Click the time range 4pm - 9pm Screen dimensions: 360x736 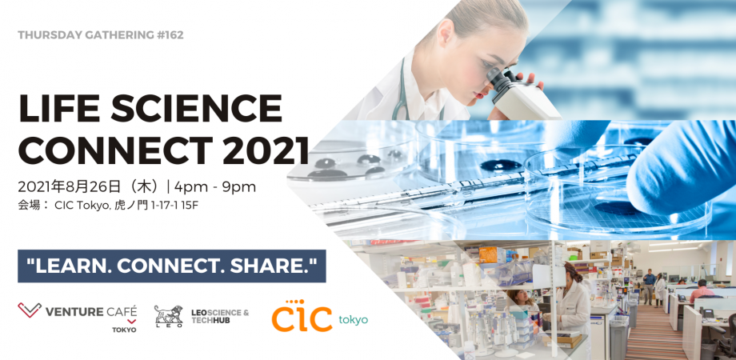pyautogui.click(x=215, y=187)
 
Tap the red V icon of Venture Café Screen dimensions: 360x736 pyautogui.click(x=29, y=311)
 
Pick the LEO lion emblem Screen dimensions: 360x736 pyautogui.click(x=168, y=315)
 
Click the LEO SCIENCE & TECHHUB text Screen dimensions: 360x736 pyautogui.click(x=220, y=315)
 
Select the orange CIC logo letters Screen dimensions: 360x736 pyautogui.click(x=302, y=317)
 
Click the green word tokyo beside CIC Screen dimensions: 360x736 pyautogui.click(x=353, y=319)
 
